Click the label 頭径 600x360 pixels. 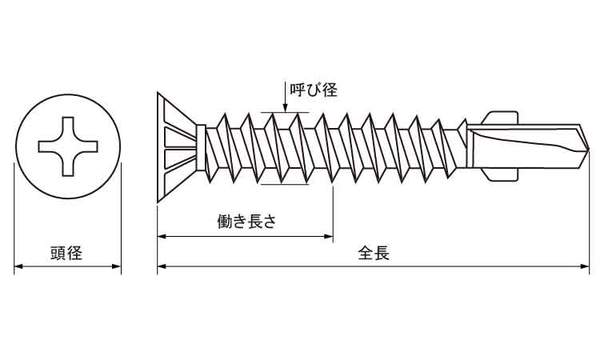pyautogui.click(x=66, y=254)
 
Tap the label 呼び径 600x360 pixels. pyautogui.click(x=313, y=90)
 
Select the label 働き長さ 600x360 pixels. pyautogui.click(x=246, y=222)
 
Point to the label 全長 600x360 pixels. pyautogui.click(x=374, y=254)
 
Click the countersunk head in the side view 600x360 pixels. pyautogui.click(x=176, y=147)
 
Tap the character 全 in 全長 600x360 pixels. pyautogui.click(x=365, y=254)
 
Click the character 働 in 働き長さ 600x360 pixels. pyautogui.click(x=224, y=222)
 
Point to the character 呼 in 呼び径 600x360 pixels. pyautogui.click(x=297, y=90)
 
